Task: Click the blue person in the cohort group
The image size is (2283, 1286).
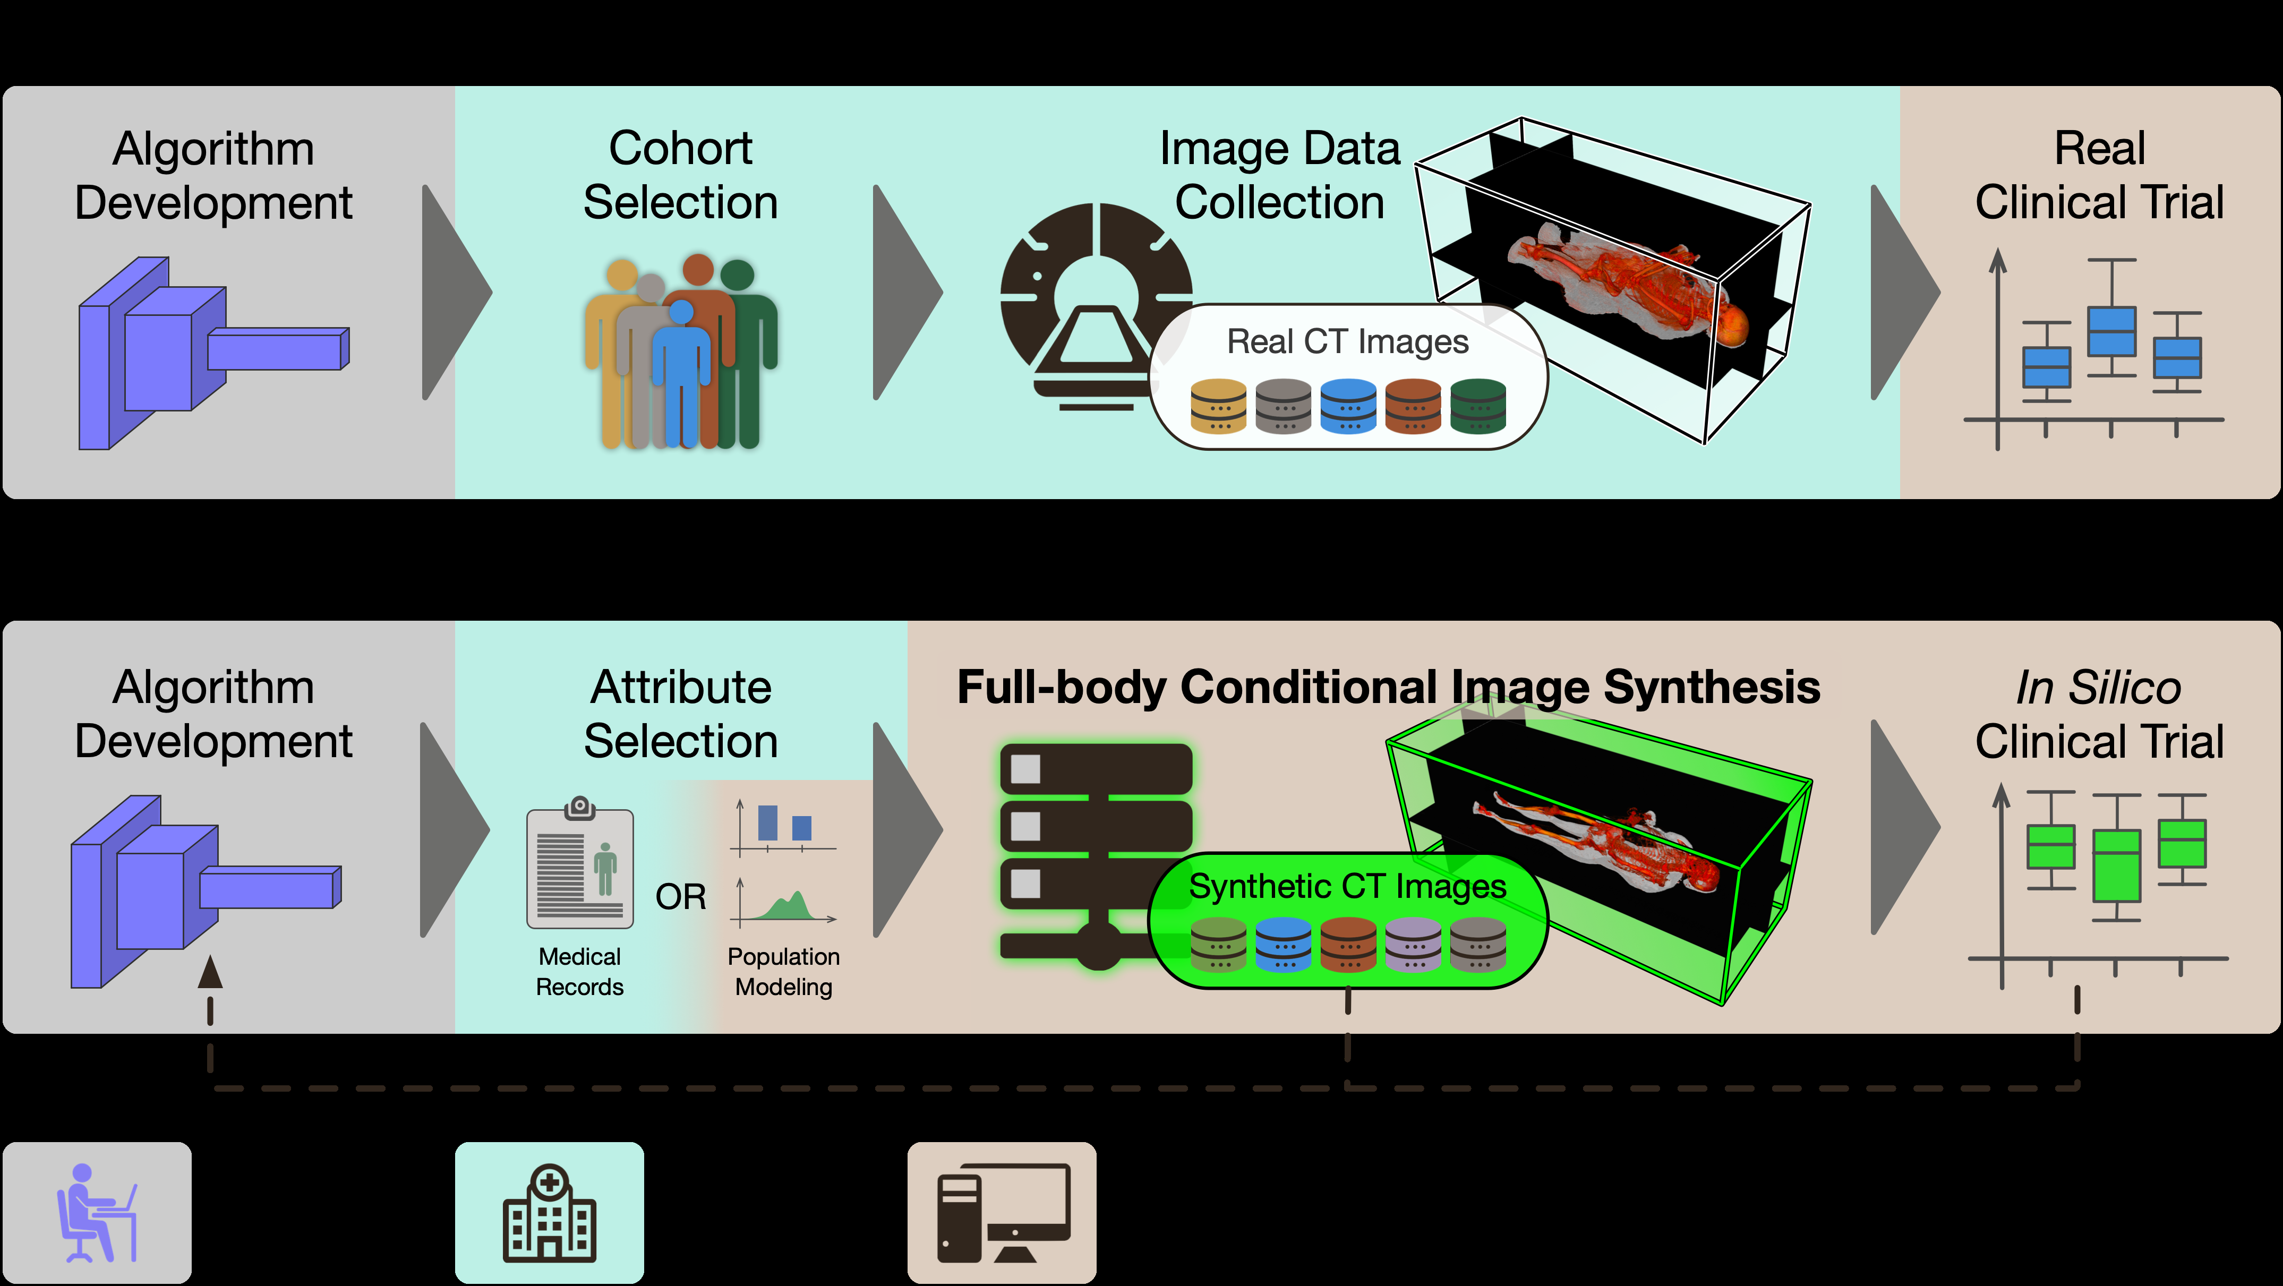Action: coord(681,372)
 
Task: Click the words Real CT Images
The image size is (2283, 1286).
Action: coord(1347,341)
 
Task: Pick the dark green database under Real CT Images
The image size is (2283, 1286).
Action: coord(1477,406)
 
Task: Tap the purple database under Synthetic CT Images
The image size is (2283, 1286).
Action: coord(1413,945)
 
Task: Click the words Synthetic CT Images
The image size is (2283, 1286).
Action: coord(1347,886)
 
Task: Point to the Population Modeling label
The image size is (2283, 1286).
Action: coord(783,971)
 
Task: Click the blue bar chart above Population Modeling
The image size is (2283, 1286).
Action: coord(783,824)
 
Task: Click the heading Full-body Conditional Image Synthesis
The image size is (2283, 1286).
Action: coord(1388,687)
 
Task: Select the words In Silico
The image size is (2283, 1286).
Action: coord(2098,688)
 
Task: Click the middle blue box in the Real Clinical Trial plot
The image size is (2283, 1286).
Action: coord(2112,331)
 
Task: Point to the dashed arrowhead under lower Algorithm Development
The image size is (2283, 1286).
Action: coord(210,972)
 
